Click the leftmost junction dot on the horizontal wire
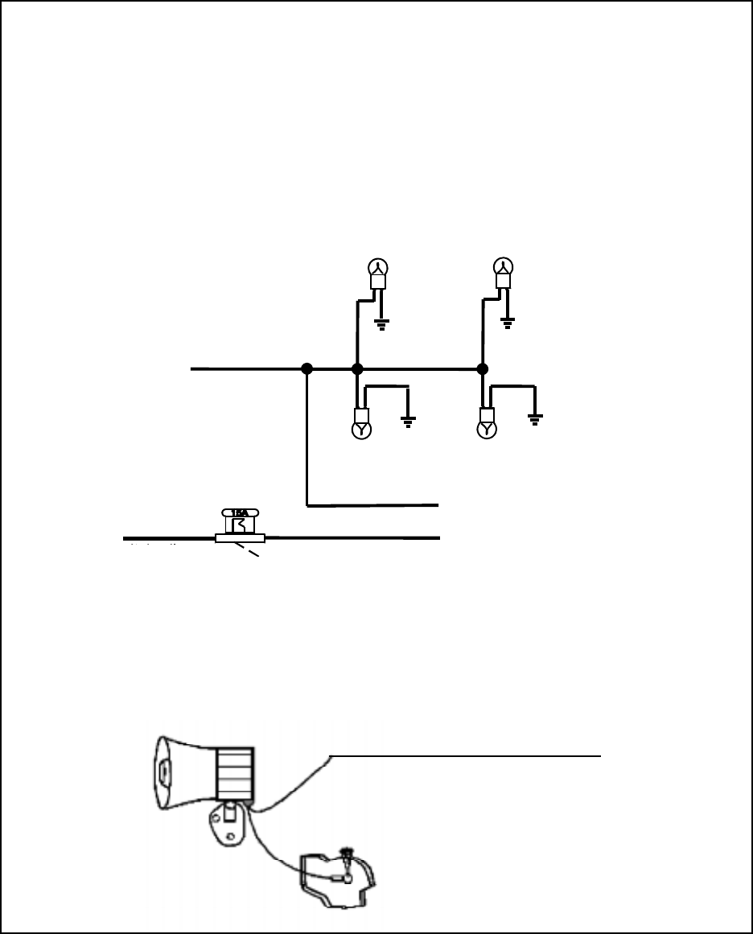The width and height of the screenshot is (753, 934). pyautogui.click(x=307, y=368)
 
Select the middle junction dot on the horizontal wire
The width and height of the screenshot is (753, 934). pyautogui.click(x=358, y=368)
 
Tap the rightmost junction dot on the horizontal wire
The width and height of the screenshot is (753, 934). pyautogui.click(x=482, y=368)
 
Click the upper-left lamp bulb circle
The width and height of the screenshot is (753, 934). pyautogui.click(x=378, y=267)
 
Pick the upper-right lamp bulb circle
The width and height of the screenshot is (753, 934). pyautogui.click(x=503, y=267)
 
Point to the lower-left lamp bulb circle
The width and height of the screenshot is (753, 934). pyautogui.click(x=362, y=430)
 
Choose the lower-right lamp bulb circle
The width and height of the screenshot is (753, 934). pyautogui.click(x=487, y=430)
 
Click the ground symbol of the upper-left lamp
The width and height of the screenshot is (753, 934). pyautogui.click(x=382, y=325)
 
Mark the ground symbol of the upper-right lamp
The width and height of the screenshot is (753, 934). pyautogui.click(x=507, y=325)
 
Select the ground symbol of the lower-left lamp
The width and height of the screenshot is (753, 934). pyautogui.click(x=409, y=421)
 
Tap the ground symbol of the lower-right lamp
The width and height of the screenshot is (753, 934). pyautogui.click(x=534, y=418)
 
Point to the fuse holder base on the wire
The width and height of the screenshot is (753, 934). pyautogui.click(x=241, y=538)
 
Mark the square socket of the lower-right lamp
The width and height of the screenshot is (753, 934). pyautogui.click(x=487, y=415)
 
